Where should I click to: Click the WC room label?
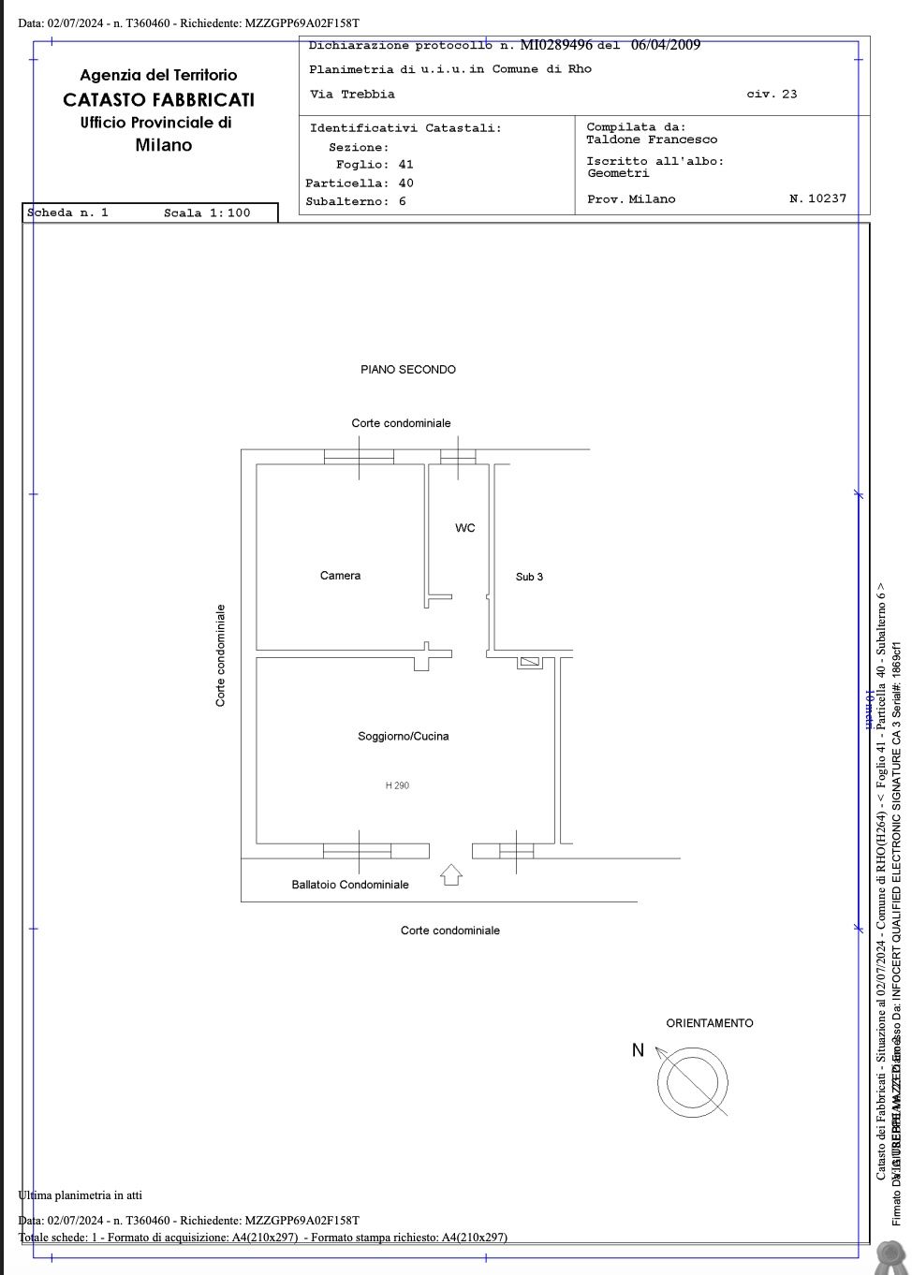click(465, 528)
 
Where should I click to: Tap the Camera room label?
click(340, 576)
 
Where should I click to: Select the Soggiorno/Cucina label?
click(403, 737)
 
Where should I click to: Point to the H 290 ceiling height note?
click(397, 785)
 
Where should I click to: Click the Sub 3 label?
click(529, 577)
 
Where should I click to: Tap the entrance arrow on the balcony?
click(451, 875)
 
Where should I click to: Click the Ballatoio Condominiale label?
click(350, 885)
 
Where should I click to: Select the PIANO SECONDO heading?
click(408, 370)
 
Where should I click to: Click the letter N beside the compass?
click(638, 1050)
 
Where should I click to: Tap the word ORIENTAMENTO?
click(710, 1023)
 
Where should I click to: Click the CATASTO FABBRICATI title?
click(158, 99)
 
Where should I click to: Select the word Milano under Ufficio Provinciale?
click(163, 145)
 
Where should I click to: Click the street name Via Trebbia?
click(352, 95)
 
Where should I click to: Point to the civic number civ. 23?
click(772, 95)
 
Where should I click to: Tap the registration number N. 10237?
click(817, 198)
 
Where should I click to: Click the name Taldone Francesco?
click(652, 139)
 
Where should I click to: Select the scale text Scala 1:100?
click(207, 213)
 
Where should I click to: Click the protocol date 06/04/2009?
click(666, 45)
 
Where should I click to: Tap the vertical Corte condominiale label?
click(221, 655)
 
